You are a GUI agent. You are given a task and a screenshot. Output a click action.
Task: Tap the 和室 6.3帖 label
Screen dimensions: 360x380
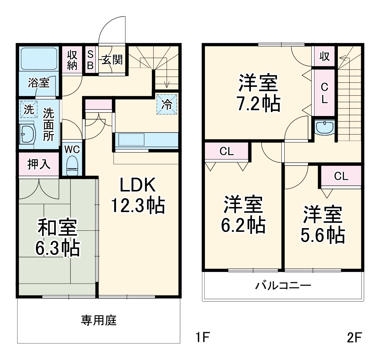(x=57, y=238)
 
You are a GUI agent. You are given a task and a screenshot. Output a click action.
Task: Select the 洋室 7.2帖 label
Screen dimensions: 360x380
(x=258, y=93)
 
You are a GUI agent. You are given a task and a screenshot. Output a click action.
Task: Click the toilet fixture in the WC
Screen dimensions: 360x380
(x=72, y=165)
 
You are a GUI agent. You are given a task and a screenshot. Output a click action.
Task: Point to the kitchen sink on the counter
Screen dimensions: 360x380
(x=131, y=140)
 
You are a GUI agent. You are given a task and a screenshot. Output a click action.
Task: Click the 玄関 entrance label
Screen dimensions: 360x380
(x=112, y=60)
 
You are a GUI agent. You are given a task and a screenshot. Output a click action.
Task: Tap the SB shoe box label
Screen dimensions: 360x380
(x=90, y=60)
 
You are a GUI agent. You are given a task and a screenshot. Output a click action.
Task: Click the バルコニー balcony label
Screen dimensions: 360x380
(x=283, y=285)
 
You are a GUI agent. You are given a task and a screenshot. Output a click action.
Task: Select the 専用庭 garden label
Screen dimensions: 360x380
(x=99, y=320)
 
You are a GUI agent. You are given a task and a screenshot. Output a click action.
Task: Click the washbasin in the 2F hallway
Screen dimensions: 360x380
(x=325, y=127)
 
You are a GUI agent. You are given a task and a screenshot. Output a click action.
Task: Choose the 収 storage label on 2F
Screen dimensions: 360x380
(x=324, y=56)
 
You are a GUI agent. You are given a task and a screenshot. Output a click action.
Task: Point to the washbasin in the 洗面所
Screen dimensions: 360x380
(x=27, y=133)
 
